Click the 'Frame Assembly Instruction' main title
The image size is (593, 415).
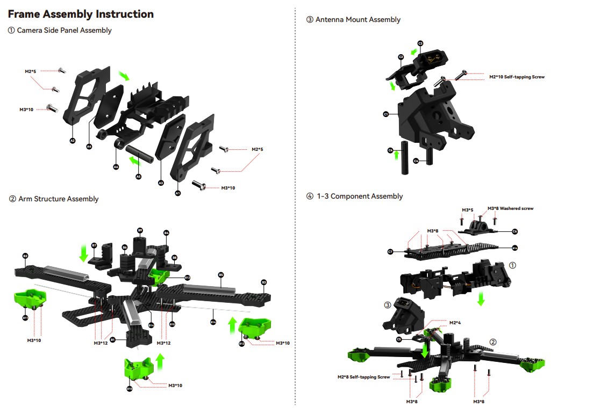(81, 14)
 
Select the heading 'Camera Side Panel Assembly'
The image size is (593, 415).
(64, 31)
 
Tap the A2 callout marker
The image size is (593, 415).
(73, 140)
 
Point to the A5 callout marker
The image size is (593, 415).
(138, 177)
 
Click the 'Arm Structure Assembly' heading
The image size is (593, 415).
(58, 199)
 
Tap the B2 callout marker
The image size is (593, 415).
(25, 256)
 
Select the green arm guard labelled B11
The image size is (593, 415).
(28, 298)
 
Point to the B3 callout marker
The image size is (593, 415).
(264, 282)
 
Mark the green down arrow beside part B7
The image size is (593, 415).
(83, 252)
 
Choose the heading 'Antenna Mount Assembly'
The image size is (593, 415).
(358, 20)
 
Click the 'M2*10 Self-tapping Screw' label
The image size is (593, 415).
(517, 77)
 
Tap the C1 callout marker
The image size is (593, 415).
(385, 114)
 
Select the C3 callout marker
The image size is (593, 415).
(420, 43)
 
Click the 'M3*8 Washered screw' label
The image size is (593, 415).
(510, 208)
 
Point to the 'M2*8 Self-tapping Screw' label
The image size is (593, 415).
(363, 377)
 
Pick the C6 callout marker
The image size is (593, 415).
(515, 231)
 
